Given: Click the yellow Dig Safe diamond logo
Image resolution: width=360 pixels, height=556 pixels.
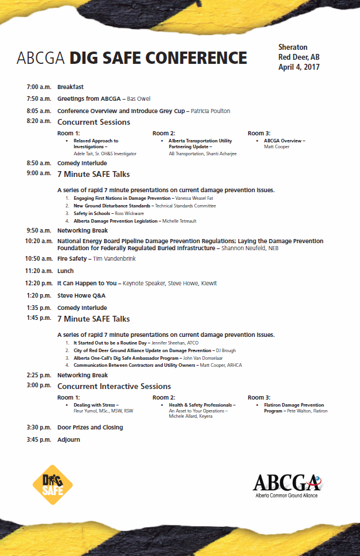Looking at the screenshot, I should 53,480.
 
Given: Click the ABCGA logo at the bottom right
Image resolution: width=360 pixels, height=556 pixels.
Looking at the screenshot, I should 288,484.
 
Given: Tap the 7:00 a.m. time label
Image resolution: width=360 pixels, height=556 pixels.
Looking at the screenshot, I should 39,87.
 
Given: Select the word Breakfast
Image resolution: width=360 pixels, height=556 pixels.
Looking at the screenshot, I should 70,87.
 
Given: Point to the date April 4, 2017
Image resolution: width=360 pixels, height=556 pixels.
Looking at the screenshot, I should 299,67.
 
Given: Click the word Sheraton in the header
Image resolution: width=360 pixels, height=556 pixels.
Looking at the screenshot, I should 293,47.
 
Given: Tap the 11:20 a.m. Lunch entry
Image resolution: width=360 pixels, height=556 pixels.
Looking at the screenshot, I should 65,271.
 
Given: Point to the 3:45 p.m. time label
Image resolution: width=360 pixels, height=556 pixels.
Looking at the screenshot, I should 39,439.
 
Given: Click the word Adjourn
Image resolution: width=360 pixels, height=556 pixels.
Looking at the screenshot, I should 68,439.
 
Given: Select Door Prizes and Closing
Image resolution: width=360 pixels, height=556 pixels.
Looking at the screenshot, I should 90,427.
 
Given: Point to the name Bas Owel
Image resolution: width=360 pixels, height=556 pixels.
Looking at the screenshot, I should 139,99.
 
